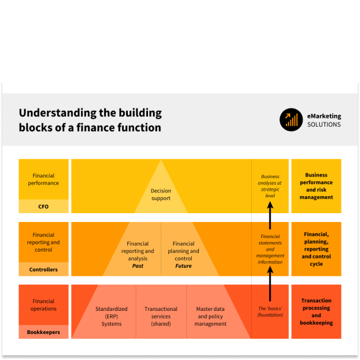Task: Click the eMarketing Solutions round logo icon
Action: click(291, 120)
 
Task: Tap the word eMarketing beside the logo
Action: click(324, 116)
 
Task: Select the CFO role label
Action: click(43, 207)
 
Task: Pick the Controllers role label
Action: click(43, 269)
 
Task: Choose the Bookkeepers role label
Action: click(43, 332)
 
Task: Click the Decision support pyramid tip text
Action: click(160, 194)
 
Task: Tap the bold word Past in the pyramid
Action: click(137, 266)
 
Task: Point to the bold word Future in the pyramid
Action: click(184, 266)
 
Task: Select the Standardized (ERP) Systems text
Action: click(111, 316)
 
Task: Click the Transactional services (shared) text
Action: click(160, 316)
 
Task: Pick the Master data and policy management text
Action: click(211, 316)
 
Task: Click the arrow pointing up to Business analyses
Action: click(270, 216)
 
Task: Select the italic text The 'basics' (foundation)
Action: click(271, 311)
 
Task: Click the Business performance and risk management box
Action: click(316, 186)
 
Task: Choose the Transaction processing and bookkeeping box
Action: click(316, 311)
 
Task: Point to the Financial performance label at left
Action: click(43, 179)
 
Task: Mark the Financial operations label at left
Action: click(43, 305)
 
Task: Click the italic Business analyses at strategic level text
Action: click(271, 185)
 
